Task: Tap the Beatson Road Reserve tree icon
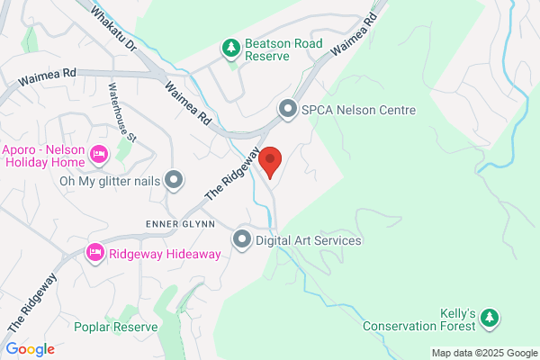click(x=231, y=46)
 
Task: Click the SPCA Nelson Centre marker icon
click(x=288, y=110)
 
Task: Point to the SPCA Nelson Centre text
click(x=358, y=111)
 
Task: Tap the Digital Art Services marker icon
click(x=242, y=239)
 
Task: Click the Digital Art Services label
click(x=308, y=240)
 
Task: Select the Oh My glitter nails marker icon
click(x=173, y=180)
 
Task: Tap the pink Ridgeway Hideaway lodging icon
click(x=95, y=254)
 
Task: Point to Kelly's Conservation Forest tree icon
click(x=489, y=317)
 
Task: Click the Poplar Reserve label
click(x=116, y=327)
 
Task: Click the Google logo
click(x=30, y=349)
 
